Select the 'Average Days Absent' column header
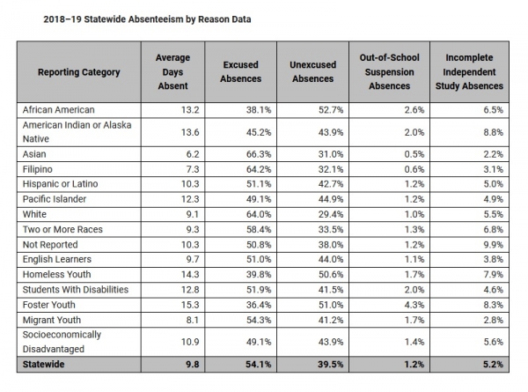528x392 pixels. coord(172,71)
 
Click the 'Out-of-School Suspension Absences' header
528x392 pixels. coord(385,71)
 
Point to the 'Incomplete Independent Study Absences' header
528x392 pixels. coord(468,71)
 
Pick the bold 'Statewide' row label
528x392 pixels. coord(48,363)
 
